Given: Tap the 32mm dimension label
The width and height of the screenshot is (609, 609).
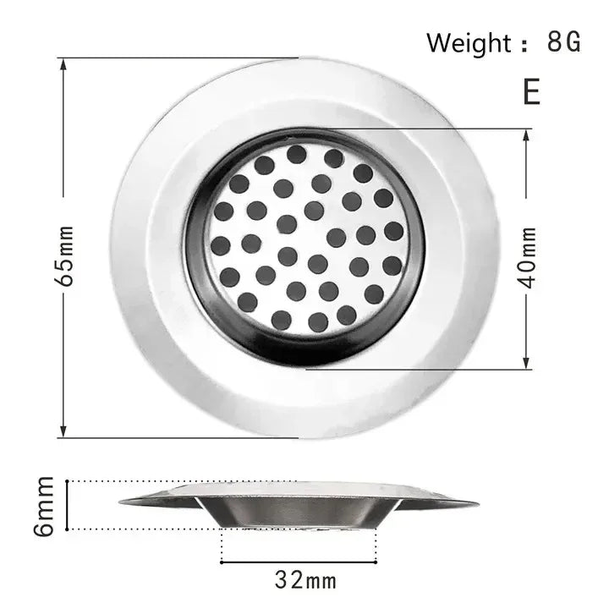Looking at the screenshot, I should point(305,580).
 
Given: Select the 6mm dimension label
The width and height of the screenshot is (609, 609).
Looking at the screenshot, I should point(45,505).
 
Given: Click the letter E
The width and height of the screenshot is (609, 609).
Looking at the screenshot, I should point(531,91).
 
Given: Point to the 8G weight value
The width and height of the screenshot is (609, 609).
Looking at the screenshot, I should point(564,42).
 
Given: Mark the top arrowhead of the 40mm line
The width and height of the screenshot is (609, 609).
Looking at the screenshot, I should point(527,134).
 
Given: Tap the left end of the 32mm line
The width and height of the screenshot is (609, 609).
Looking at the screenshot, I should point(222,560).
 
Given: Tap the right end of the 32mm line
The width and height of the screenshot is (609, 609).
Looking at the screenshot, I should point(376,560).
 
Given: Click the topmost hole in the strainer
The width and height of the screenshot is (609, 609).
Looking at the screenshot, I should point(296,154).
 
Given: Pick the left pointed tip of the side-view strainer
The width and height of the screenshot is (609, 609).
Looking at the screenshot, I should point(121,502).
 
